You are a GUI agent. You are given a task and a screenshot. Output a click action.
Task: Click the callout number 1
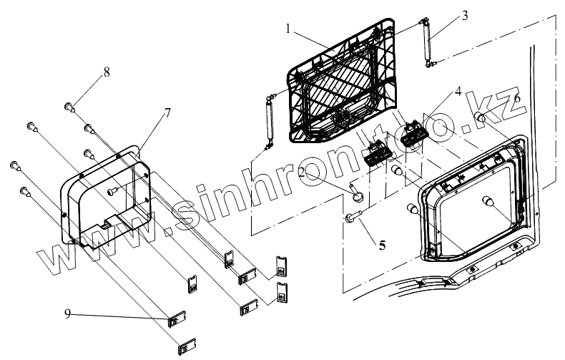coord(288,29)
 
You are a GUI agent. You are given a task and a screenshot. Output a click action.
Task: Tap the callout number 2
coord(305,172)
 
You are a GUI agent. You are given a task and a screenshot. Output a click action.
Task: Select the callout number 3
coord(465,16)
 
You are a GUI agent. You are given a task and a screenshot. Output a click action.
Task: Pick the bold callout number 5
coord(382,245)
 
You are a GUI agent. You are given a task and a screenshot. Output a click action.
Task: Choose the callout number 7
coord(167,113)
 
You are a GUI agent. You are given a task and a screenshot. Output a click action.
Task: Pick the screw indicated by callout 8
coord(70,107)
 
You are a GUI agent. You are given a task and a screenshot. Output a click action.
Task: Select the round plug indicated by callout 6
coord(481,118)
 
